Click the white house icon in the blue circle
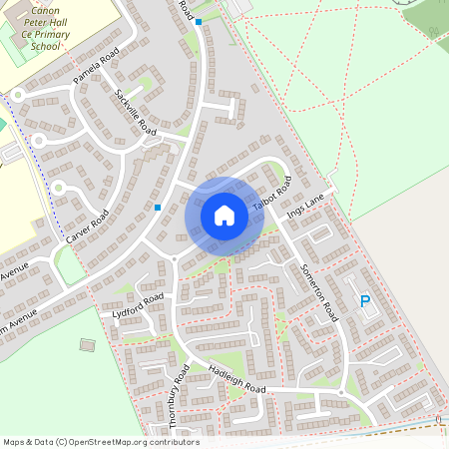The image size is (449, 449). point(224,215)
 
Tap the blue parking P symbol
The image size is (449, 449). point(364,300)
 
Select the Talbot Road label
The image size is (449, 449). point(271,193)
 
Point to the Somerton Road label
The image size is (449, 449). point(317,291)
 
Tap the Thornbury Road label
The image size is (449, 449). point(179,397)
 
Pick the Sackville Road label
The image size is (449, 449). point(136,113)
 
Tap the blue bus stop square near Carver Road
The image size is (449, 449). point(158,208)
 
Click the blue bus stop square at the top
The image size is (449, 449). point(199,22)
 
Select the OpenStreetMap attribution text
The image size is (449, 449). point(100,442)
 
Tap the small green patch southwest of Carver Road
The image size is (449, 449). point(68,265)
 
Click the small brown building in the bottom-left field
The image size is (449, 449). point(88,345)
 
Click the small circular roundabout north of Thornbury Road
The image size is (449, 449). point(174,258)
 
